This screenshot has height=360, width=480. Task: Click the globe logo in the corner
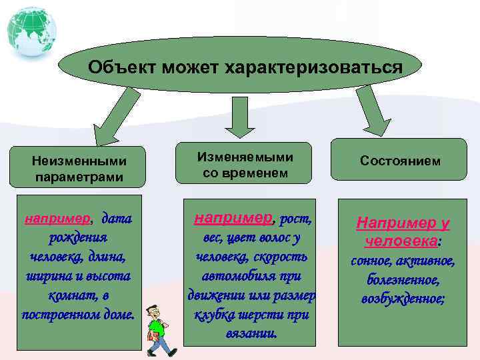tap(31, 31)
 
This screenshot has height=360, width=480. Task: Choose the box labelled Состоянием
tap(399, 161)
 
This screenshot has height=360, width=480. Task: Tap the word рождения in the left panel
tap(79, 237)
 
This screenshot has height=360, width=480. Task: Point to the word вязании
tap(251, 333)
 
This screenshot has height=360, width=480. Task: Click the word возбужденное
tap(403, 299)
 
